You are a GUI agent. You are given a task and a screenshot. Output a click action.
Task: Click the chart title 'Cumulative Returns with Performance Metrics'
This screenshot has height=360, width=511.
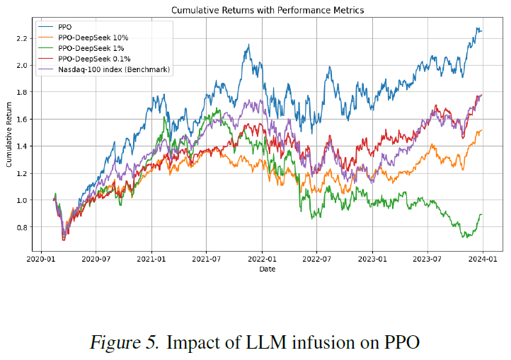267,11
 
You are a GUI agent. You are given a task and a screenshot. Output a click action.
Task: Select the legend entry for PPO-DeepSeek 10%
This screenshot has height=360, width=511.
89,37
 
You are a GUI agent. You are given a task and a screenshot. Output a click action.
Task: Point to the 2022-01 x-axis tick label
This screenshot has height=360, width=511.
262,260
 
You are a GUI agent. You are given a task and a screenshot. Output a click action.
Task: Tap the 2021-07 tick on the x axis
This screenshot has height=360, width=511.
206,260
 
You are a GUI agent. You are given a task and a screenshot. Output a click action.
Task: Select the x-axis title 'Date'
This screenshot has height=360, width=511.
267,269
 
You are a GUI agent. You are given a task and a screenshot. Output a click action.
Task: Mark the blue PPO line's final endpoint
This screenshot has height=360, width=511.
483,31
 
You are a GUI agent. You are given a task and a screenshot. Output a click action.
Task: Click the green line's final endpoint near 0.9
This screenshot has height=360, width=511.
483,214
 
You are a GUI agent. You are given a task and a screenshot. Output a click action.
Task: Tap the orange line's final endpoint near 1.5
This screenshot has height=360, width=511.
483,130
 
